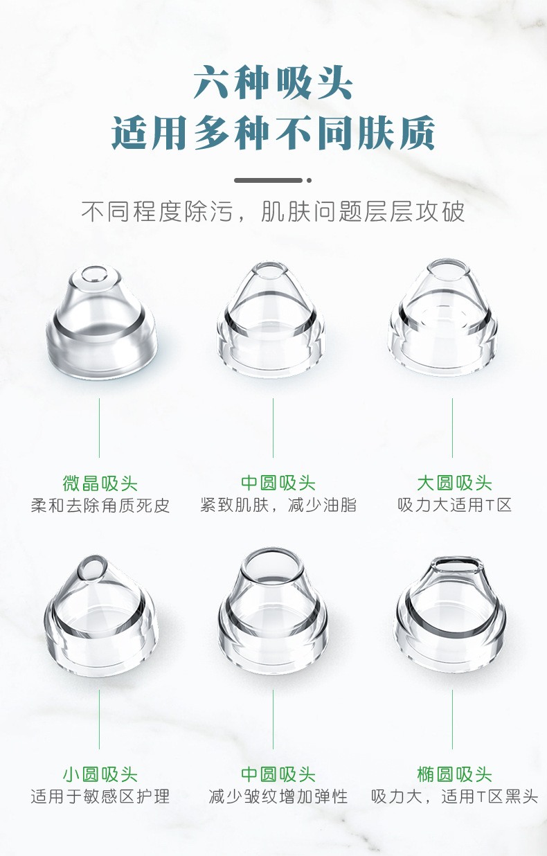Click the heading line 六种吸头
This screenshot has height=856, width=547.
click(273, 82)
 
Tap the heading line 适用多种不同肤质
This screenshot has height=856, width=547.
click(273, 132)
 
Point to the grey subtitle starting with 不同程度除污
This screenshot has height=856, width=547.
click(273, 211)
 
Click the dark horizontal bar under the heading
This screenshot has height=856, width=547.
click(269, 180)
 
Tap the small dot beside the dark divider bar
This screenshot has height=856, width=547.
click(309, 180)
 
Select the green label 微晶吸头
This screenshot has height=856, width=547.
click(100, 483)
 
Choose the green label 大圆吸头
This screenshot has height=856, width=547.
click(454, 483)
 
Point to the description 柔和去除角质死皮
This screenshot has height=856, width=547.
click(100, 506)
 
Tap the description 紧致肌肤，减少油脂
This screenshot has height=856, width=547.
click(278, 505)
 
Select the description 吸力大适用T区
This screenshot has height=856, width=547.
click(454, 505)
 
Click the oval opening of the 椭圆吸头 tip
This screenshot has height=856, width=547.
click(457, 565)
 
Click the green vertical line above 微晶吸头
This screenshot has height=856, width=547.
click(99, 428)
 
